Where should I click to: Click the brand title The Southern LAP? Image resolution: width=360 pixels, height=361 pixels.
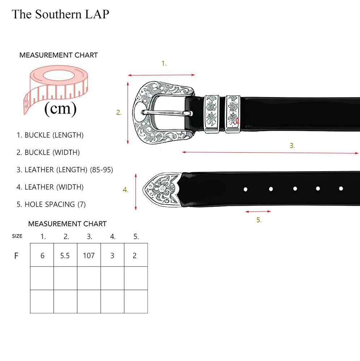pyautogui.click(x=60, y=14)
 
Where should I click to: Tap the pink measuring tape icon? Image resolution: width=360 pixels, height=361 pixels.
pyautogui.click(x=55, y=89)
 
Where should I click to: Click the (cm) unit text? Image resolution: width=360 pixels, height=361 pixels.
pyautogui.click(x=60, y=109)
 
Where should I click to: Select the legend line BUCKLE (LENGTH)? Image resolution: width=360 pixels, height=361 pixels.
pyautogui.click(x=50, y=135)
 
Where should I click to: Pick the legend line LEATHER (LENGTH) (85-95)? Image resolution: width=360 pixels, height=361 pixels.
pyautogui.click(x=65, y=170)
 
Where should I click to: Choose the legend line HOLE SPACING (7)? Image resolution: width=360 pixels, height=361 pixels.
pyautogui.click(x=51, y=204)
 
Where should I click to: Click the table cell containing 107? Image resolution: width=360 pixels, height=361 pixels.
pyautogui.click(x=89, y=255)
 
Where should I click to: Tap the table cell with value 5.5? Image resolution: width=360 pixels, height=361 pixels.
pyautogui.click(x=65, y=255)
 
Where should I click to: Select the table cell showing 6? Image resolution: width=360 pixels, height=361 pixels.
pyautogui.click(x=42, y=255)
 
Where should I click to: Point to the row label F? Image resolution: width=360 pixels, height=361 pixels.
pyautogui.click(x=16, y=256)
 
